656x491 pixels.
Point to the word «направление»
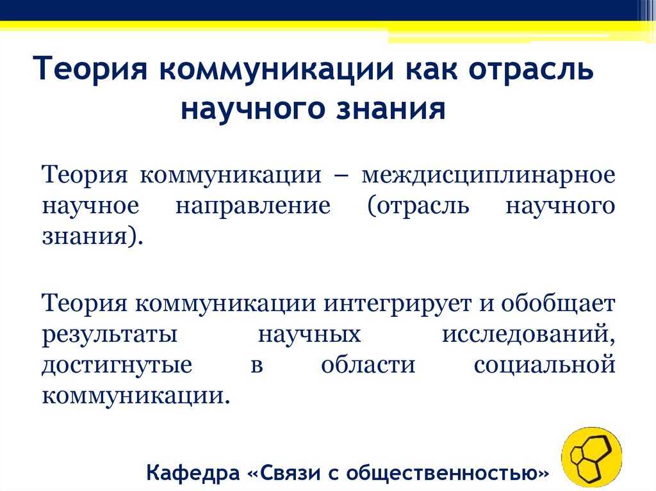[x=252, y=205]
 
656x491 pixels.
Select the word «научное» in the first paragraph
[x=90, y=205]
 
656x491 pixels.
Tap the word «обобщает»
[x=558, y=303]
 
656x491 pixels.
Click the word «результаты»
[x=110, y=335]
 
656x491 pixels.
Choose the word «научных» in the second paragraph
[x=309, y=335]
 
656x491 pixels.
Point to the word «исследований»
[x=529, y=335]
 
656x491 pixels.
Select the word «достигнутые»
[x=117, y=366]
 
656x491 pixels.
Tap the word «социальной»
[x=545, y=364]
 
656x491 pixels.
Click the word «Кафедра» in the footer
[x=193, y=473]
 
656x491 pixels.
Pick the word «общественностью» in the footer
[x=448, y=473]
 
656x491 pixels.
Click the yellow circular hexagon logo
[x=591, y=458]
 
